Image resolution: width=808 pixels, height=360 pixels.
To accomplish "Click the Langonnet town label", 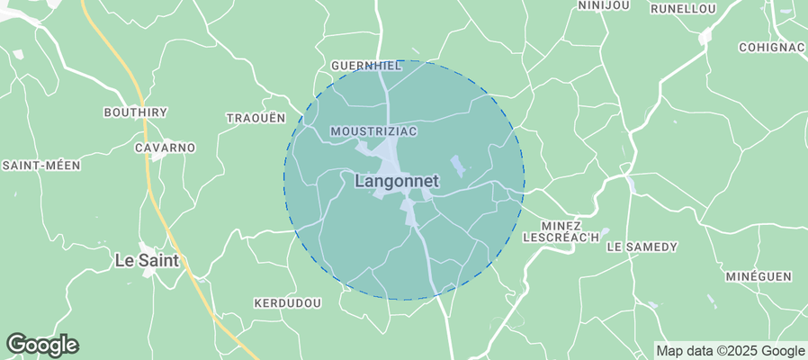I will tap(397, 181).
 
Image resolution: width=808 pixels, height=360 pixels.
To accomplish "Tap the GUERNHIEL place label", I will tap(364, 66).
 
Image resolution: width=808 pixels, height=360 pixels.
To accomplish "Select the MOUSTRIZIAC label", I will tap(373, 131).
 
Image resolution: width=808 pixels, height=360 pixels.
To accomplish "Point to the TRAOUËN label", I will tap(256, 118).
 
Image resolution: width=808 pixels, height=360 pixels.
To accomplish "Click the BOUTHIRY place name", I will tap(136, 112).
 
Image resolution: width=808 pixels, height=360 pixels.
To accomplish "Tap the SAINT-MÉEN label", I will tap(42, 165).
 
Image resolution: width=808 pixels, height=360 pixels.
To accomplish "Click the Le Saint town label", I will tap(146, 261).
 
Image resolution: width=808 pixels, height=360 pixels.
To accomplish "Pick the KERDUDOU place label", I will tap(287, 303).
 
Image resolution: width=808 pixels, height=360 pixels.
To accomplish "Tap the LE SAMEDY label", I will tap(642, 246).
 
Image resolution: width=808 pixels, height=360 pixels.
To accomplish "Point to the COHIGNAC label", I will tap(770, 47).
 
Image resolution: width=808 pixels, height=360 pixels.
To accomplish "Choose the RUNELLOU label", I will tap(682, 9).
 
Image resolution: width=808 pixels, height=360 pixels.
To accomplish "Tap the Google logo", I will tap(41, 344).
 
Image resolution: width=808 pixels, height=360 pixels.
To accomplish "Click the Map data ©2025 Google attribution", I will tap(730, 351).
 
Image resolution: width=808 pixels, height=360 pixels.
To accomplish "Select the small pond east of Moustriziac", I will tap(458, 166).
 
